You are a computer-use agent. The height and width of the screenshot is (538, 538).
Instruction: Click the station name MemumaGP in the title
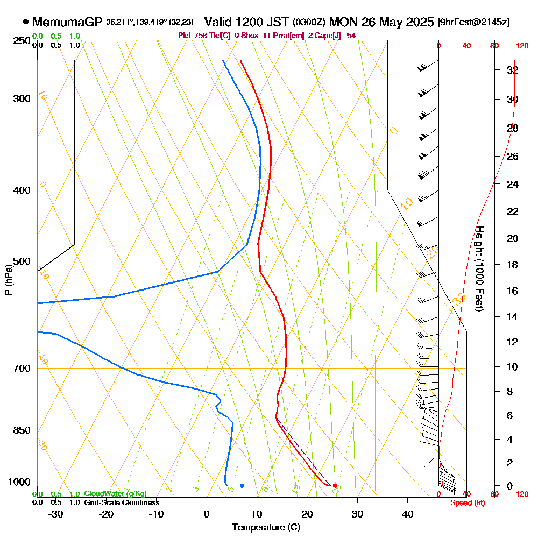point(67,23)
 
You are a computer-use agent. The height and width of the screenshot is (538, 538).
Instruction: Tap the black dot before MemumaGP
point(25,23)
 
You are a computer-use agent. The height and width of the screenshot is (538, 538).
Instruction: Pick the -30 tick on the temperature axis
point(56,514)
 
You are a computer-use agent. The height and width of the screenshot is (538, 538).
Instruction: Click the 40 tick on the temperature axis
point(407,514)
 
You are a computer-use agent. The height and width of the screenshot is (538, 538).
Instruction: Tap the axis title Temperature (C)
point(266,528)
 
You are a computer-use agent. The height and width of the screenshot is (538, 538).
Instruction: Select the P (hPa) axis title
point(8,279)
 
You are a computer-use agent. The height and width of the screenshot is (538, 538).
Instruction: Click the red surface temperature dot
point(335,486)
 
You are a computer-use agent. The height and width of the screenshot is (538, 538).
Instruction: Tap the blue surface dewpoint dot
point(242,486)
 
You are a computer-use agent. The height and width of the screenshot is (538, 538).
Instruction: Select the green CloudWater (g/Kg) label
point(115,494)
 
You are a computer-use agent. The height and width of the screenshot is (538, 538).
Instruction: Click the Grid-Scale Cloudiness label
point(122,502)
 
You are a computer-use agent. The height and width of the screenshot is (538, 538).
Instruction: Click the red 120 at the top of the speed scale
point(521,46)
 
